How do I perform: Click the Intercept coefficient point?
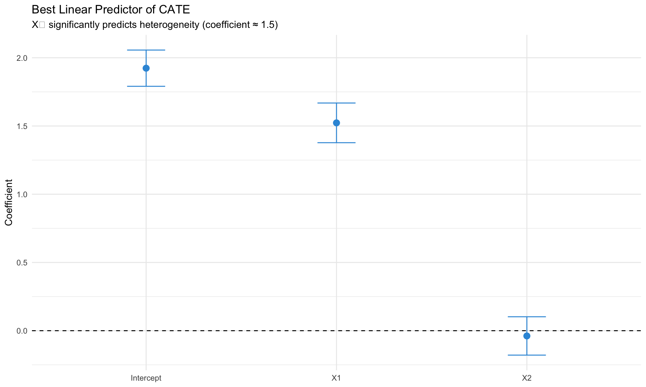point(146,68)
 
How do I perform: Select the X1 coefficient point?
point(336,123)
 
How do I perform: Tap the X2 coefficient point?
point(527,336)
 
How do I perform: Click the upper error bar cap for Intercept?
point(146,50)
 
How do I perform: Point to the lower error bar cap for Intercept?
point(146,86)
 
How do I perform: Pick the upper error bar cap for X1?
point(336,103)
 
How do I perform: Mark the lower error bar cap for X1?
point(336,143)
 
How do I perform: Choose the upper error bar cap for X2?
point(527,317)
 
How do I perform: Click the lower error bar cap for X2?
point(527,355)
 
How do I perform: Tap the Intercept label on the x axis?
point(146,378)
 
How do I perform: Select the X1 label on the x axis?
point(336,378)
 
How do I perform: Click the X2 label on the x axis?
point(527,378)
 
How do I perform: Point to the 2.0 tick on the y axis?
point(22,58)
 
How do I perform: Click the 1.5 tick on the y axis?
point(22,126)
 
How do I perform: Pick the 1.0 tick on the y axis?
point(22,195)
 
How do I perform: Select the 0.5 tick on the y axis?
point(22,263)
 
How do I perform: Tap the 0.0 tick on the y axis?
point(22,331)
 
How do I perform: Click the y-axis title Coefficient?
point(9,203)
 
